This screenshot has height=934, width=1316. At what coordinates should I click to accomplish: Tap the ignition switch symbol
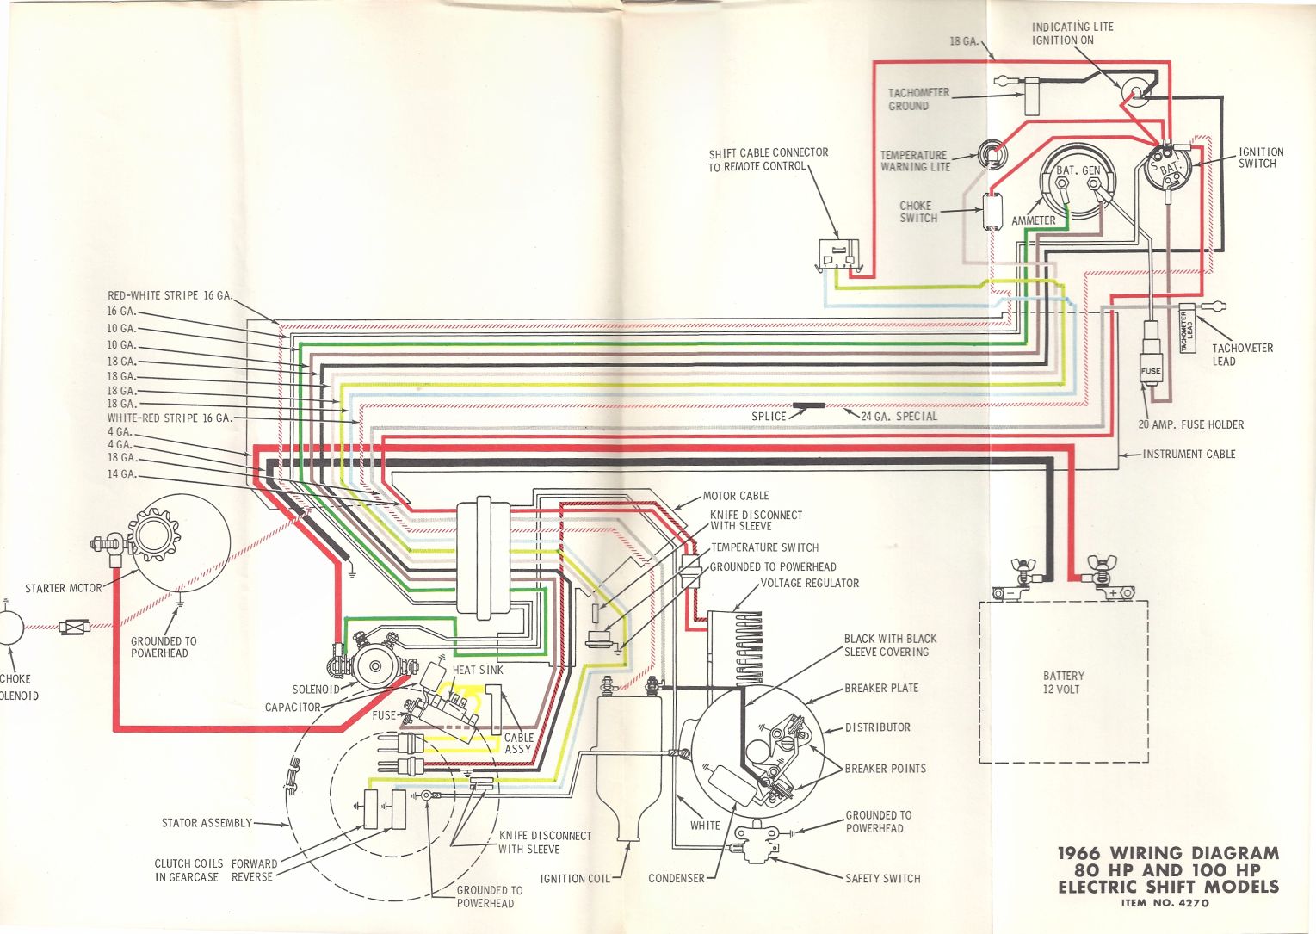(x=1168, y=166)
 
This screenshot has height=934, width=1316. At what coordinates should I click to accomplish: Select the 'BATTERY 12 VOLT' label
(x=1064, y=683)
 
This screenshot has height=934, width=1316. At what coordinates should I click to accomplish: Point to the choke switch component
(x=995, y=210)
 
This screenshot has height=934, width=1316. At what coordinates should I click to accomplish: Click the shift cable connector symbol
(x=838, y=255)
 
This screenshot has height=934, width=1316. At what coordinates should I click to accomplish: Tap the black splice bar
(x=808, y=405)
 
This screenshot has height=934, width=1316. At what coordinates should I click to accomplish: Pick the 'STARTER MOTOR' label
(x=63, y=589)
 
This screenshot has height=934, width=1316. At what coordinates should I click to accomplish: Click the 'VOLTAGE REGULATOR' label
(x=810, y=583)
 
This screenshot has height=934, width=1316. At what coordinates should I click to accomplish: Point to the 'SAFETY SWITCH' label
(x=882, y=879)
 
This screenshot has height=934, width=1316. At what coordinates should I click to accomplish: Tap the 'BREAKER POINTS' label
(x=885, y=769)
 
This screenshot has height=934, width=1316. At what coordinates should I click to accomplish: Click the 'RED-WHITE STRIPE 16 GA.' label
(x=170, y=295)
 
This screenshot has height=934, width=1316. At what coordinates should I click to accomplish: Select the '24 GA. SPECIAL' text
(x=899, y=417)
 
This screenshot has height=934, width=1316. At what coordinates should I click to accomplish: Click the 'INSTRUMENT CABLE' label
(x=1189, y=454)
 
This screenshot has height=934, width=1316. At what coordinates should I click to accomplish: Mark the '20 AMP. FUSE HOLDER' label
(x=1190, y=424)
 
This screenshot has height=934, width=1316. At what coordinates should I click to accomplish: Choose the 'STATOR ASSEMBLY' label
(x=207, y=823)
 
